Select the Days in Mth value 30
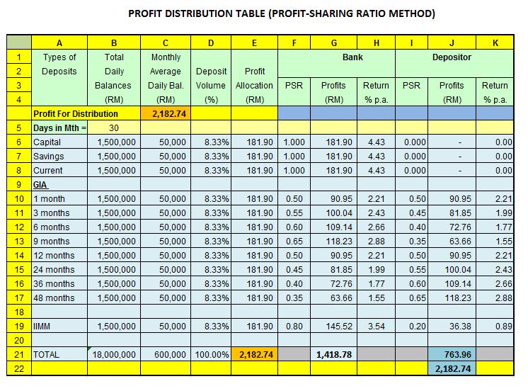click(x=113, y=127)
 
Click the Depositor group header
click(x=452, y=57)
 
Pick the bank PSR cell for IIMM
click(x=295, y=325)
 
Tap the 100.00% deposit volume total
click(x=210, y=353)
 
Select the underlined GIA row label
click(x=41, y=184)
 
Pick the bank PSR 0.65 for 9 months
click(x=295, y=241)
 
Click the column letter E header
click(x=255, y=43)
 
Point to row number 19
click(x=20, y=325)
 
